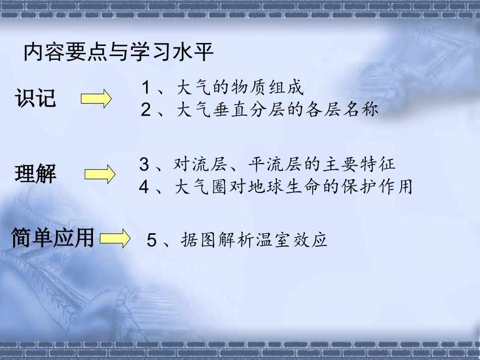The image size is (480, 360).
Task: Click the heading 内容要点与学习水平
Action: point(119,53)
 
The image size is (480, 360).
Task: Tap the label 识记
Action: point(35,98)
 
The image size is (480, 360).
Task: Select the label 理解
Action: point(35,175)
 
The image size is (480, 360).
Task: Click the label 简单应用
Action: point(53,238)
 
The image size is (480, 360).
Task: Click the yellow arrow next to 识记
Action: point(96,98)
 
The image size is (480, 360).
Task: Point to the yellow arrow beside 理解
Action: point(100,175)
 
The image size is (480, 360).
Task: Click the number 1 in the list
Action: point(146,88)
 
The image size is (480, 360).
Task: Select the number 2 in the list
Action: point(146,110)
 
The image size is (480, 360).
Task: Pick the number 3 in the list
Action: point(145,164)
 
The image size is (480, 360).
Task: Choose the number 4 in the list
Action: point(145,187)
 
